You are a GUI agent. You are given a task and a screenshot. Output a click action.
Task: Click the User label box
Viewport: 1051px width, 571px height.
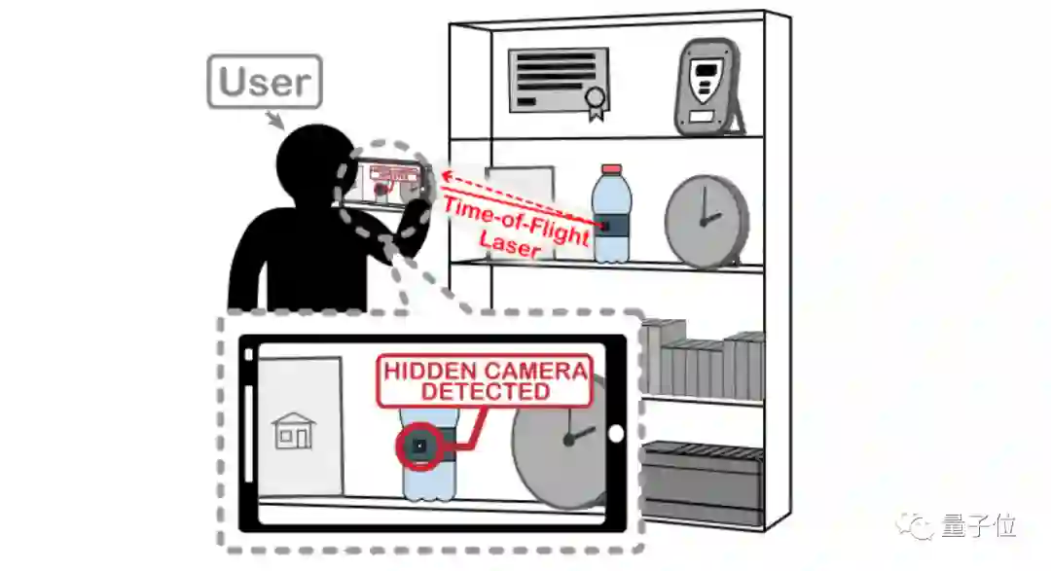click(265, 82)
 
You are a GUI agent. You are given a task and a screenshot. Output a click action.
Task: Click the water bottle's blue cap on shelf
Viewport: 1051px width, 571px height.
click(610, 172)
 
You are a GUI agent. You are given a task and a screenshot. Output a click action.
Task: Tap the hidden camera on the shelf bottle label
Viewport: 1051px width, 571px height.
click(605, 226)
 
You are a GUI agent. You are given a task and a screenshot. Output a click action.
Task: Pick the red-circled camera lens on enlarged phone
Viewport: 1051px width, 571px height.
click(419, 446)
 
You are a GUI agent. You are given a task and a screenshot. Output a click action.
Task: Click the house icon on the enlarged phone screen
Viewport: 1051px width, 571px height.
click(293, 430)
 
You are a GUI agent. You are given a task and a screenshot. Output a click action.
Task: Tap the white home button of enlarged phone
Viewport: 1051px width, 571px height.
click(615, 434)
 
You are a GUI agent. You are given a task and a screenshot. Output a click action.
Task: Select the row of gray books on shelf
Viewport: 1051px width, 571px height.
click(704, 359)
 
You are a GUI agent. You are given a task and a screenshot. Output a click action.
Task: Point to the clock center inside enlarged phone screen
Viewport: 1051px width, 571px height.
click(568, 439)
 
